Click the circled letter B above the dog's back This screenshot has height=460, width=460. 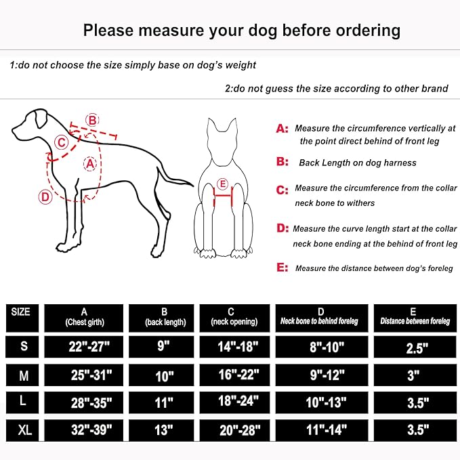(92, 120)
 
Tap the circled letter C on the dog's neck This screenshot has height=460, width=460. (62, 142)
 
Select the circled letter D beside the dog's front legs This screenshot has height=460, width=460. (44, 197)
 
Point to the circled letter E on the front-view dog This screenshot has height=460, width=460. (222, 184)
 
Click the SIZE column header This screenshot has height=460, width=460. (21, 312)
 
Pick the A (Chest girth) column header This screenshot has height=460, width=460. (83, 317)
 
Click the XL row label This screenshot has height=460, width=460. (24, 428)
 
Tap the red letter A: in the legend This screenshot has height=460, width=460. (282, 128)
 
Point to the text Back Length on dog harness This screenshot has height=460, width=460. (358, 163)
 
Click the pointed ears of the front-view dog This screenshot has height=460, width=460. (222, 125)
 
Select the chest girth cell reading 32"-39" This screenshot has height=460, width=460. (83, 429)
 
